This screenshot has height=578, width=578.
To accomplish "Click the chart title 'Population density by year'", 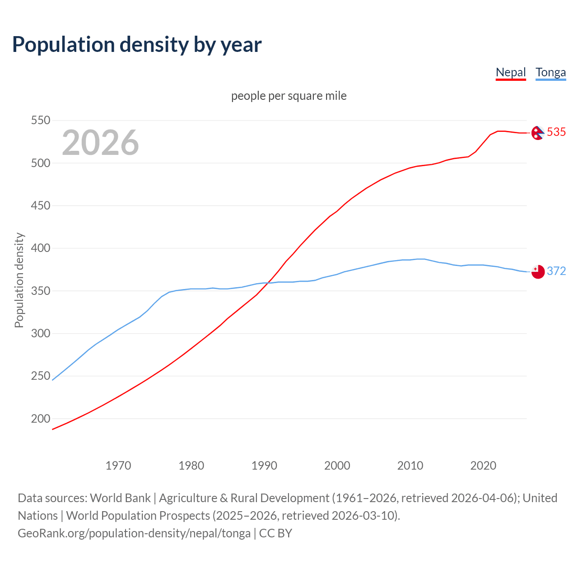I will click(137, 45).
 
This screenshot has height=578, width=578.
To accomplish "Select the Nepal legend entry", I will click(511, 72).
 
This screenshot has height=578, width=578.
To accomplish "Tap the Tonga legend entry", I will click(550, 72).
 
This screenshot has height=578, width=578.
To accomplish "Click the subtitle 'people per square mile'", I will click(289, 96).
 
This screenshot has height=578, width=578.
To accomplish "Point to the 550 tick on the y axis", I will click(40, 121).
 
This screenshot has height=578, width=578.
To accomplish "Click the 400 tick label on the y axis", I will click(40, 248).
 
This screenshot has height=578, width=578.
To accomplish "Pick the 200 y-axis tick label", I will click(40, 419).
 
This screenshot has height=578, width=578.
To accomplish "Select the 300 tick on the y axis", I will click(40, 334).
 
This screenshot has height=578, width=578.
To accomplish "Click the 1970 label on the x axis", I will click(118, 465).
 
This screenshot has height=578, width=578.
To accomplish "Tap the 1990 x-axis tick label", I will click(264, 465).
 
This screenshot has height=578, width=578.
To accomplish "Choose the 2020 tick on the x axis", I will click(483, 465).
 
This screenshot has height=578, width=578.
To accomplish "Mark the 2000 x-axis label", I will click(337, 465).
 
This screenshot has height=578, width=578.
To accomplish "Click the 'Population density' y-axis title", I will click(19, 280).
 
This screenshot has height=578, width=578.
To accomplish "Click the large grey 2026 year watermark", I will click(100, 143).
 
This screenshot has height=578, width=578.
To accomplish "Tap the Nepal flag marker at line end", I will click(537, 133).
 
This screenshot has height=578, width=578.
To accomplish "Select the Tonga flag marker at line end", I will click(538, 272).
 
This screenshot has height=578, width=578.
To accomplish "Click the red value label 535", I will click(556, 132).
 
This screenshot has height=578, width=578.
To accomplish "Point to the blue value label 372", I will click(556, 271).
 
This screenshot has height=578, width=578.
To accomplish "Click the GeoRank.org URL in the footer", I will click(134, 533).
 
